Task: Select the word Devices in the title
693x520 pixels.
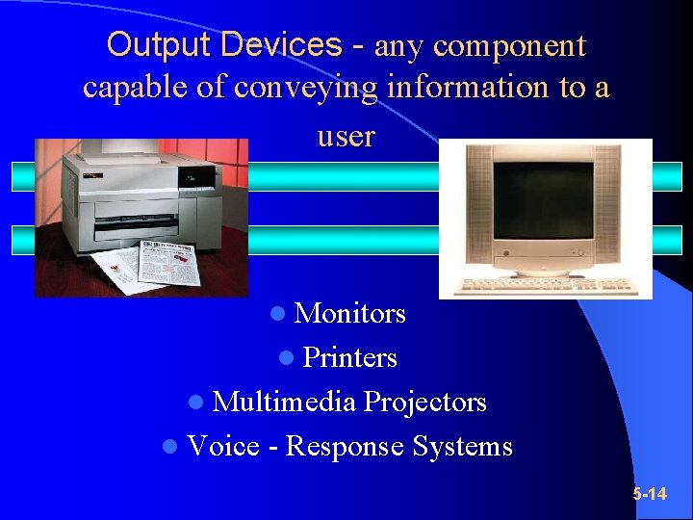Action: tap(279, 45)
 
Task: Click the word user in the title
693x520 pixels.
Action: tap(346, 136)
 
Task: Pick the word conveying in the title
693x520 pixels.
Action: tap(305, 88)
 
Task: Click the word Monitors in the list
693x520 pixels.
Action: tap(349, 314)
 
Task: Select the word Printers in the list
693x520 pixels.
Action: tap(349, 358)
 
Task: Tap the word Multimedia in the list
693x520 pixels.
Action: tap(284, 402)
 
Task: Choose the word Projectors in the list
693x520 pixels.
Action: tap(424, 402)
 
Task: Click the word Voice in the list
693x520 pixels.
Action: tap(223, 446)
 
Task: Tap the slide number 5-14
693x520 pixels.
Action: tap(650, 494)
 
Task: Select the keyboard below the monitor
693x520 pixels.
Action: tap(544, 286)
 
